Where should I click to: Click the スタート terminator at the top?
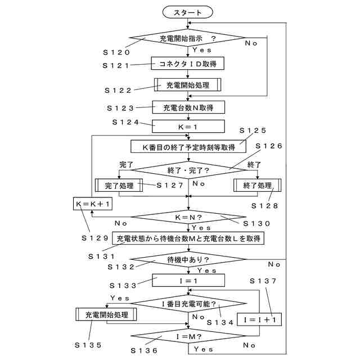coord(188,12)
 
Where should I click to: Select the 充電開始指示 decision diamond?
coord(188,39)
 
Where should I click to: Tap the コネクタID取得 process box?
coord(188,63)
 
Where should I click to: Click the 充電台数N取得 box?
coord(188,107)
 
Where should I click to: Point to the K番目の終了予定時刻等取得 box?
coord(188,146)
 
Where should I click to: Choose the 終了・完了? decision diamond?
coord(188,169)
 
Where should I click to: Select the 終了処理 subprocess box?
coord(256,186)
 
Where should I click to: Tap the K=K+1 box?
coord(92,203)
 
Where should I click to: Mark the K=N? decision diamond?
coord(188,217)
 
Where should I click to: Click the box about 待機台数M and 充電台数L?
coord(188,238)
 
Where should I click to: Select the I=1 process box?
coord(188,280)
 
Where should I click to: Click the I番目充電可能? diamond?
coord(188,304)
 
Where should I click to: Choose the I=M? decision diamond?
coord(188,338)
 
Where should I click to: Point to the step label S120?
coord(116,52)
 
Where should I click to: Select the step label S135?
coord(89,344)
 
